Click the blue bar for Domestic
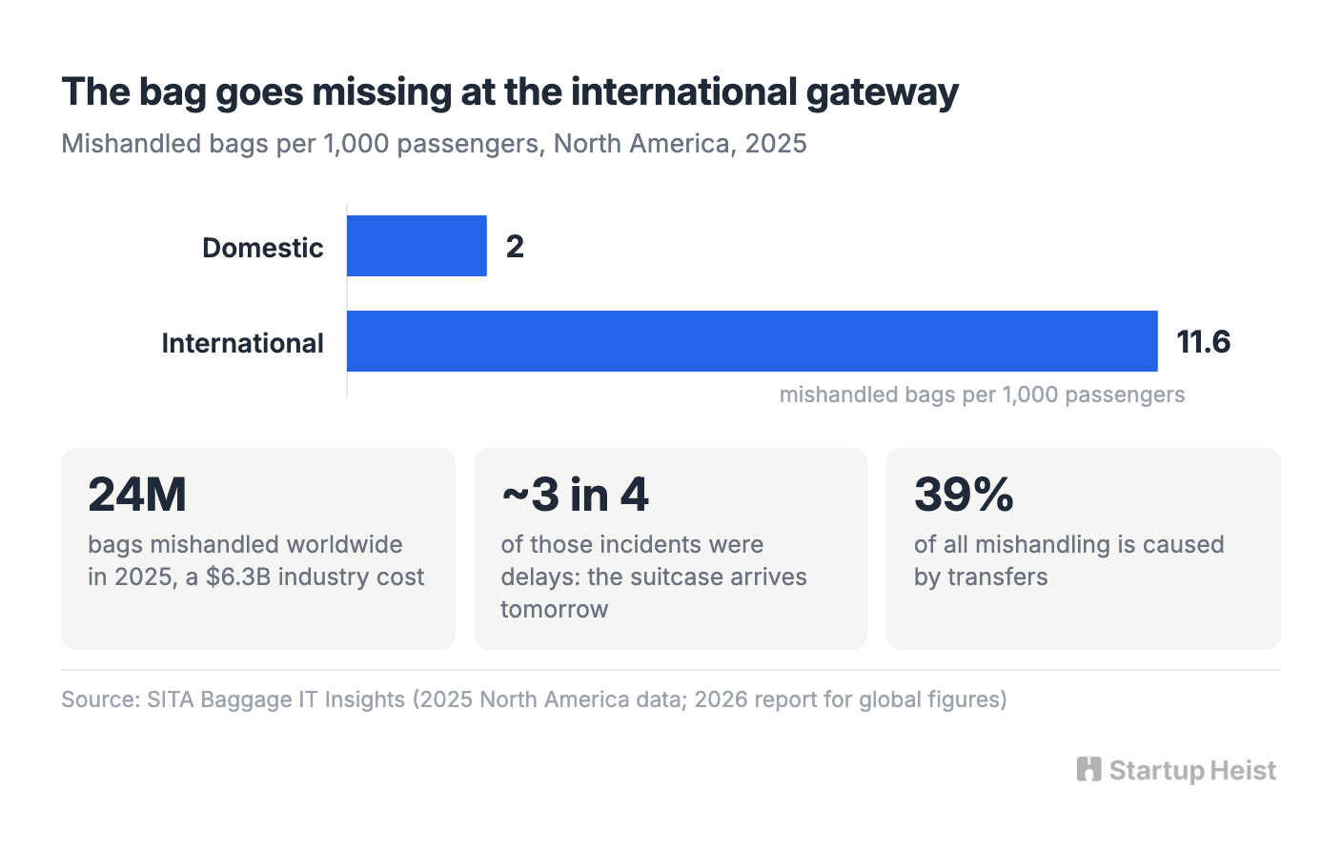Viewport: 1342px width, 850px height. [x=417, y=246]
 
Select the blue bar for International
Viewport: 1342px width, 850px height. [x=752, y=341]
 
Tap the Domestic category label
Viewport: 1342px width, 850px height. [x=262, y=248]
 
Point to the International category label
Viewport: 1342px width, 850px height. [x=242, y=343]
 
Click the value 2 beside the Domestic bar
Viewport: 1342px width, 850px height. [x=515, y=246]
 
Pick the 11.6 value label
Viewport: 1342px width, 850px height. [x=1203, y=341]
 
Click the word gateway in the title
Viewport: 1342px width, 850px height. [x=883, y=93]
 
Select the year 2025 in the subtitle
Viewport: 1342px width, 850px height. [x=776, y=144]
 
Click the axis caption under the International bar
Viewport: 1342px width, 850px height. [x=982, y=395]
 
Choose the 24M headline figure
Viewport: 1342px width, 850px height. [x=137, y=495]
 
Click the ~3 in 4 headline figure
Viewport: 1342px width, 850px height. [x=575, y=495]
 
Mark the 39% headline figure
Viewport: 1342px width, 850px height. [x=964, y=495]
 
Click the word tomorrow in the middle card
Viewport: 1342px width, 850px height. [x=554, y=609]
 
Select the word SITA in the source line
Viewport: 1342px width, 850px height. [x=171, y=699]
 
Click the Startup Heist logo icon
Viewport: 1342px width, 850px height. [x=1088, y=770]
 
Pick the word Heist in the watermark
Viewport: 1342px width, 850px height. [x=1243, y=770]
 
